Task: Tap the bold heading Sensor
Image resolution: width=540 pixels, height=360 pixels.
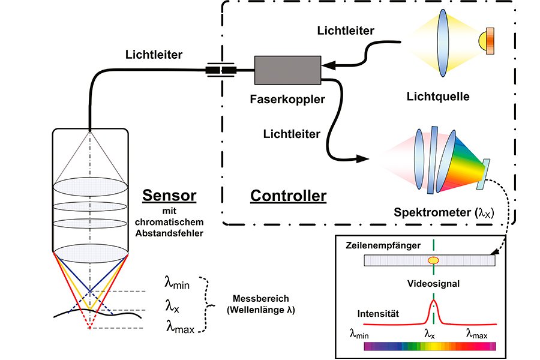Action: (x=169, y=196)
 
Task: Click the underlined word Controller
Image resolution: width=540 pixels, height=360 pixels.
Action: (x=288, y=196)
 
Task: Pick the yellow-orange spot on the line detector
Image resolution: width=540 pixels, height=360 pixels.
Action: (x=433, y=260)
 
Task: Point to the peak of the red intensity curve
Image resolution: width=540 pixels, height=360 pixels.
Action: (x=433, y=300)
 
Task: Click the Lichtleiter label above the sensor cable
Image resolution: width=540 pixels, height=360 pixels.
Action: (x=154, y=55)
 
